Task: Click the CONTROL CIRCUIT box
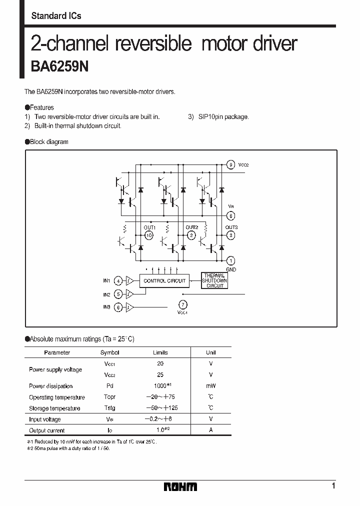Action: coord(164,281)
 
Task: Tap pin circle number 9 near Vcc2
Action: coord(230,164)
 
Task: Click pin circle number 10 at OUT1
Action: coord(148,235)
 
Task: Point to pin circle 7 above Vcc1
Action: coord(183,304)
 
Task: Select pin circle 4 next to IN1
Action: coord(118,281)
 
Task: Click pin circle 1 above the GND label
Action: coord(230,260)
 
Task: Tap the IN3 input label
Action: coord(106,307)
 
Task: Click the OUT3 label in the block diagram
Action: coord(231,227)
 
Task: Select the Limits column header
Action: coord(160,352)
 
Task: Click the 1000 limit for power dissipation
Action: coord(160,386)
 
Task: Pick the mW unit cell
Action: coord(210,386)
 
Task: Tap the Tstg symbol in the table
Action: coord(110,408)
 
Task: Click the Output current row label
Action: coord(46,430)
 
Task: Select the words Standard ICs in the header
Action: coord(56,16)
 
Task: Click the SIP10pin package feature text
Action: coord(223,116)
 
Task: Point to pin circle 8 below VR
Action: coord(230,216)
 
